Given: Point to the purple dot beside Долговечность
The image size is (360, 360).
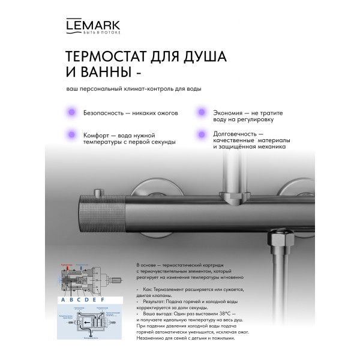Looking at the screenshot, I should [x=200, y=134].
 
